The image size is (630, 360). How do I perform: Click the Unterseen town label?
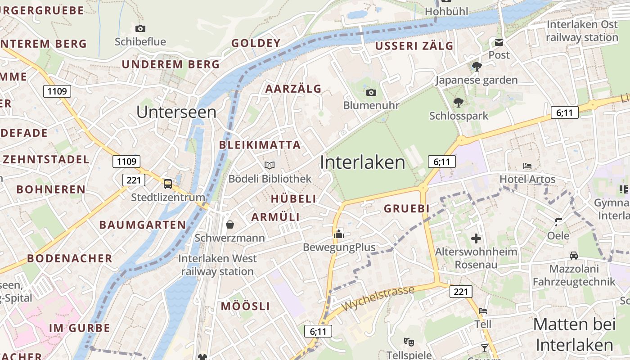(x=176, y=112)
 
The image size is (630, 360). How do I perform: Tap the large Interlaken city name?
(x=362, y=162)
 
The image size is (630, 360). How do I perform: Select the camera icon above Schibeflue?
(x=140, y=29)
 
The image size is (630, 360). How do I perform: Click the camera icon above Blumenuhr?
(x=371, y=93)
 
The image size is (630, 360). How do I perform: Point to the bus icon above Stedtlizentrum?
(x=167, y=184)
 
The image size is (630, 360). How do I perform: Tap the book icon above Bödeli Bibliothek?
(x=270, y=166)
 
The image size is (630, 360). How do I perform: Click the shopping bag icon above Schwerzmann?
(x=230, y=224)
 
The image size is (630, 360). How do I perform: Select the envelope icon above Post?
(x=499, y=42)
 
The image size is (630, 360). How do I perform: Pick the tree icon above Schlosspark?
(x=458, y=103)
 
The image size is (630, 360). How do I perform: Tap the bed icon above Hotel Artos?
(x=527, y=166)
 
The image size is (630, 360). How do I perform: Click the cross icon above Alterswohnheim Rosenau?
(x=476, y=238)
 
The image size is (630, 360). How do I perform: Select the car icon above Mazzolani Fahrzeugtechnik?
(x=573, y=256)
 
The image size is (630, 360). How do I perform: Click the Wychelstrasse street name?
(x=378, y=298)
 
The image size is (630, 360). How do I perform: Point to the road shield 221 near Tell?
(x=461, y=292)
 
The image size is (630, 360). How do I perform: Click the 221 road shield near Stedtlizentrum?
(x=134, y=180)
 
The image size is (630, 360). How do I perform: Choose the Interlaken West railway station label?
(x=218, y=265)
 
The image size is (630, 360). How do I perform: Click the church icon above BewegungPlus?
(x=338, y=234)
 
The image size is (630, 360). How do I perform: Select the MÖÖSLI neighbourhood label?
(x=245, y=306)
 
